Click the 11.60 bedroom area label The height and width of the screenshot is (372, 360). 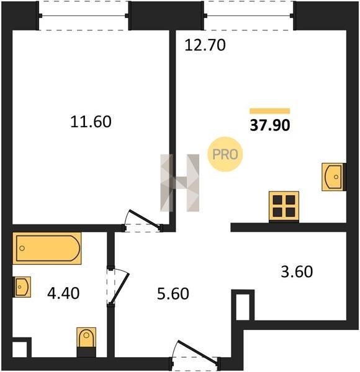[91, 122]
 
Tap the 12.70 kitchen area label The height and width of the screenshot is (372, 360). [205, 45]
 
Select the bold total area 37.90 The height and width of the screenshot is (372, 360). [270, 125]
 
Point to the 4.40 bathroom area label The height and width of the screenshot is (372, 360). [63, 293]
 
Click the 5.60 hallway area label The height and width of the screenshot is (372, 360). [173, 293]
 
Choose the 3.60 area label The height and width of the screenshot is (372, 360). [297, 272]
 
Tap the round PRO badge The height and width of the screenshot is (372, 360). [225, 154]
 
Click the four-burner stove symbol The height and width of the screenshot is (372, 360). [284, 207]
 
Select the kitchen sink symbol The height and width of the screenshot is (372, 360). [333, 177]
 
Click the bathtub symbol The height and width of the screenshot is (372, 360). [47, 249]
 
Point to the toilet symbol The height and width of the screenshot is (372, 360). [86, 342]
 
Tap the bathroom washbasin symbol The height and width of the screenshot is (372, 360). [22, 287]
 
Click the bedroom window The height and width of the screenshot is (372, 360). [84, 15]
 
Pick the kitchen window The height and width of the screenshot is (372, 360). [249, 15]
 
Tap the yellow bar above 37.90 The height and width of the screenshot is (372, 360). [270, 111]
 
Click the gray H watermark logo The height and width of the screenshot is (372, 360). [180, 183]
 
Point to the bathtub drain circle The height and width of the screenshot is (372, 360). [22, 249]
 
